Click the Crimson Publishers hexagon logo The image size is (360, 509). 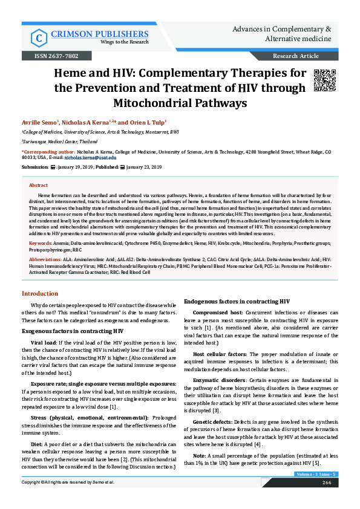(x=40, y=37)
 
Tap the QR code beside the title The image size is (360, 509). (x=324, y=80)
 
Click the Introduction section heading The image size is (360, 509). (x=40, y=293)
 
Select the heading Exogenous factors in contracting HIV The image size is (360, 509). (x=73, y=331)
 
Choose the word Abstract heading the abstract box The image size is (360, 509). (x=38, y=186)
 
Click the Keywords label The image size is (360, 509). (x=41, y=242)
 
